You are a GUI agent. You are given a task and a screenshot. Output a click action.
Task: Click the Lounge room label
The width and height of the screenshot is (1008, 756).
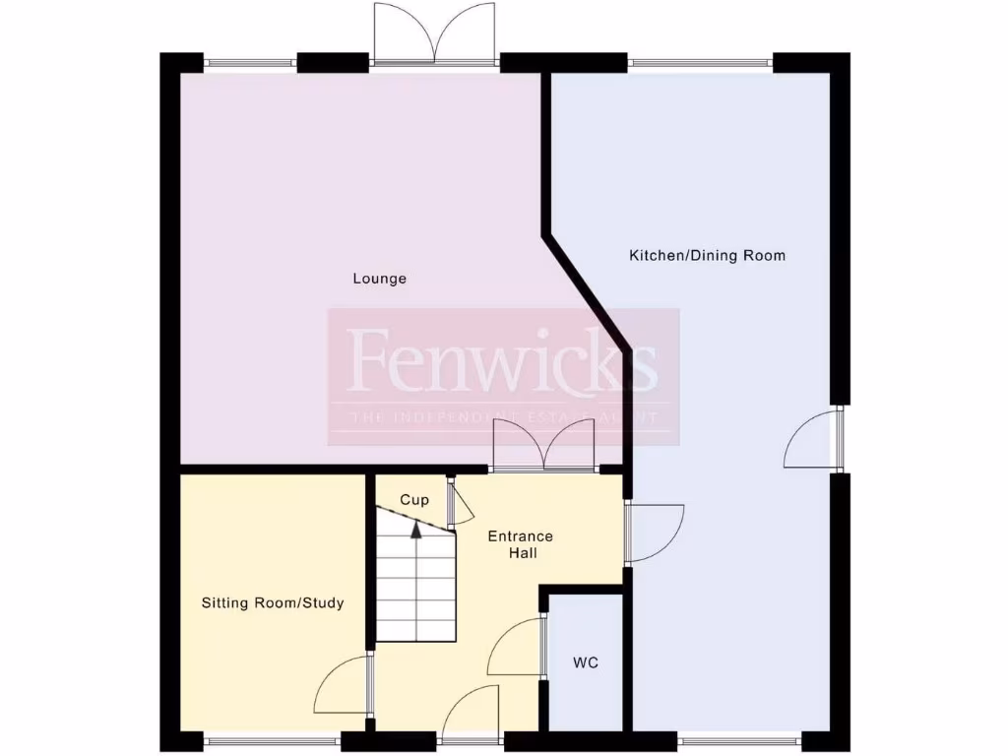380,279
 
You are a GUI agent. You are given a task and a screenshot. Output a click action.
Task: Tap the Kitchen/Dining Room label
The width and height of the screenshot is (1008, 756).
707,256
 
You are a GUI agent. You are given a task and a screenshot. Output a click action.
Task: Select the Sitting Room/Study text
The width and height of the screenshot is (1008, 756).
273,602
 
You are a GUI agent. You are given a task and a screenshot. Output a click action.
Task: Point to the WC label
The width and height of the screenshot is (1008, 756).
586,662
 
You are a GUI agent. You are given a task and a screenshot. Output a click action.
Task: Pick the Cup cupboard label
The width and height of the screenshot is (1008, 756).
414,500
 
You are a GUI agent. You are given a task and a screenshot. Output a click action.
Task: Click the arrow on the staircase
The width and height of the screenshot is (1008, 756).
415,530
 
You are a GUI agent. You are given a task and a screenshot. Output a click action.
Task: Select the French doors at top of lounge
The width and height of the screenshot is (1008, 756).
434,37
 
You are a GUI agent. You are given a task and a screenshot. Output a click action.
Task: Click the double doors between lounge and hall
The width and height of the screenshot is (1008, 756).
543,447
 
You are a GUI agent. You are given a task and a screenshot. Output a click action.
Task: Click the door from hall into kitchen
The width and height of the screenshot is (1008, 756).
654,532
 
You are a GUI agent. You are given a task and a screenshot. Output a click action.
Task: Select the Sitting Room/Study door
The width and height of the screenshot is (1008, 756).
344,685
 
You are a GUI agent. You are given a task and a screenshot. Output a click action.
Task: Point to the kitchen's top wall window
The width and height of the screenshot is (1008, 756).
700,64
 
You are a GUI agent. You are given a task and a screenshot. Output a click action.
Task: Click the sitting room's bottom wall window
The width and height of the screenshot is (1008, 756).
272,741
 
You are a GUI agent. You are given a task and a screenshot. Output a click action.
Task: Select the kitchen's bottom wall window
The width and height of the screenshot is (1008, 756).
738,741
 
